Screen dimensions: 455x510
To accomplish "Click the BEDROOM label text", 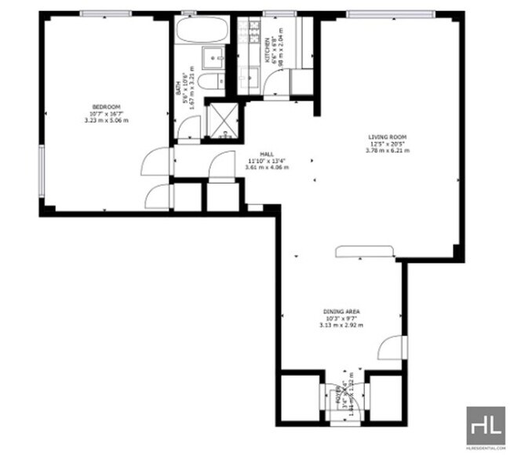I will (x=106, y=107).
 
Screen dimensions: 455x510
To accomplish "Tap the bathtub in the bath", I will (x=201, y=32).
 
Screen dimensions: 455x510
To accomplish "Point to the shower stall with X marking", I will (x=222, y=119).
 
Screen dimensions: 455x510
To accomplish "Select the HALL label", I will (x=267, y=155).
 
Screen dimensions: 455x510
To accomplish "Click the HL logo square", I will (x=486, y=426).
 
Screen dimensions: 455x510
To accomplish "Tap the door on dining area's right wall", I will (x=389, y=348).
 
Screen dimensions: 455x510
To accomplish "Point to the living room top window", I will (x=391, y=13).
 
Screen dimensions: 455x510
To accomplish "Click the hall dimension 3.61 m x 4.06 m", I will (x=267, y=167).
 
